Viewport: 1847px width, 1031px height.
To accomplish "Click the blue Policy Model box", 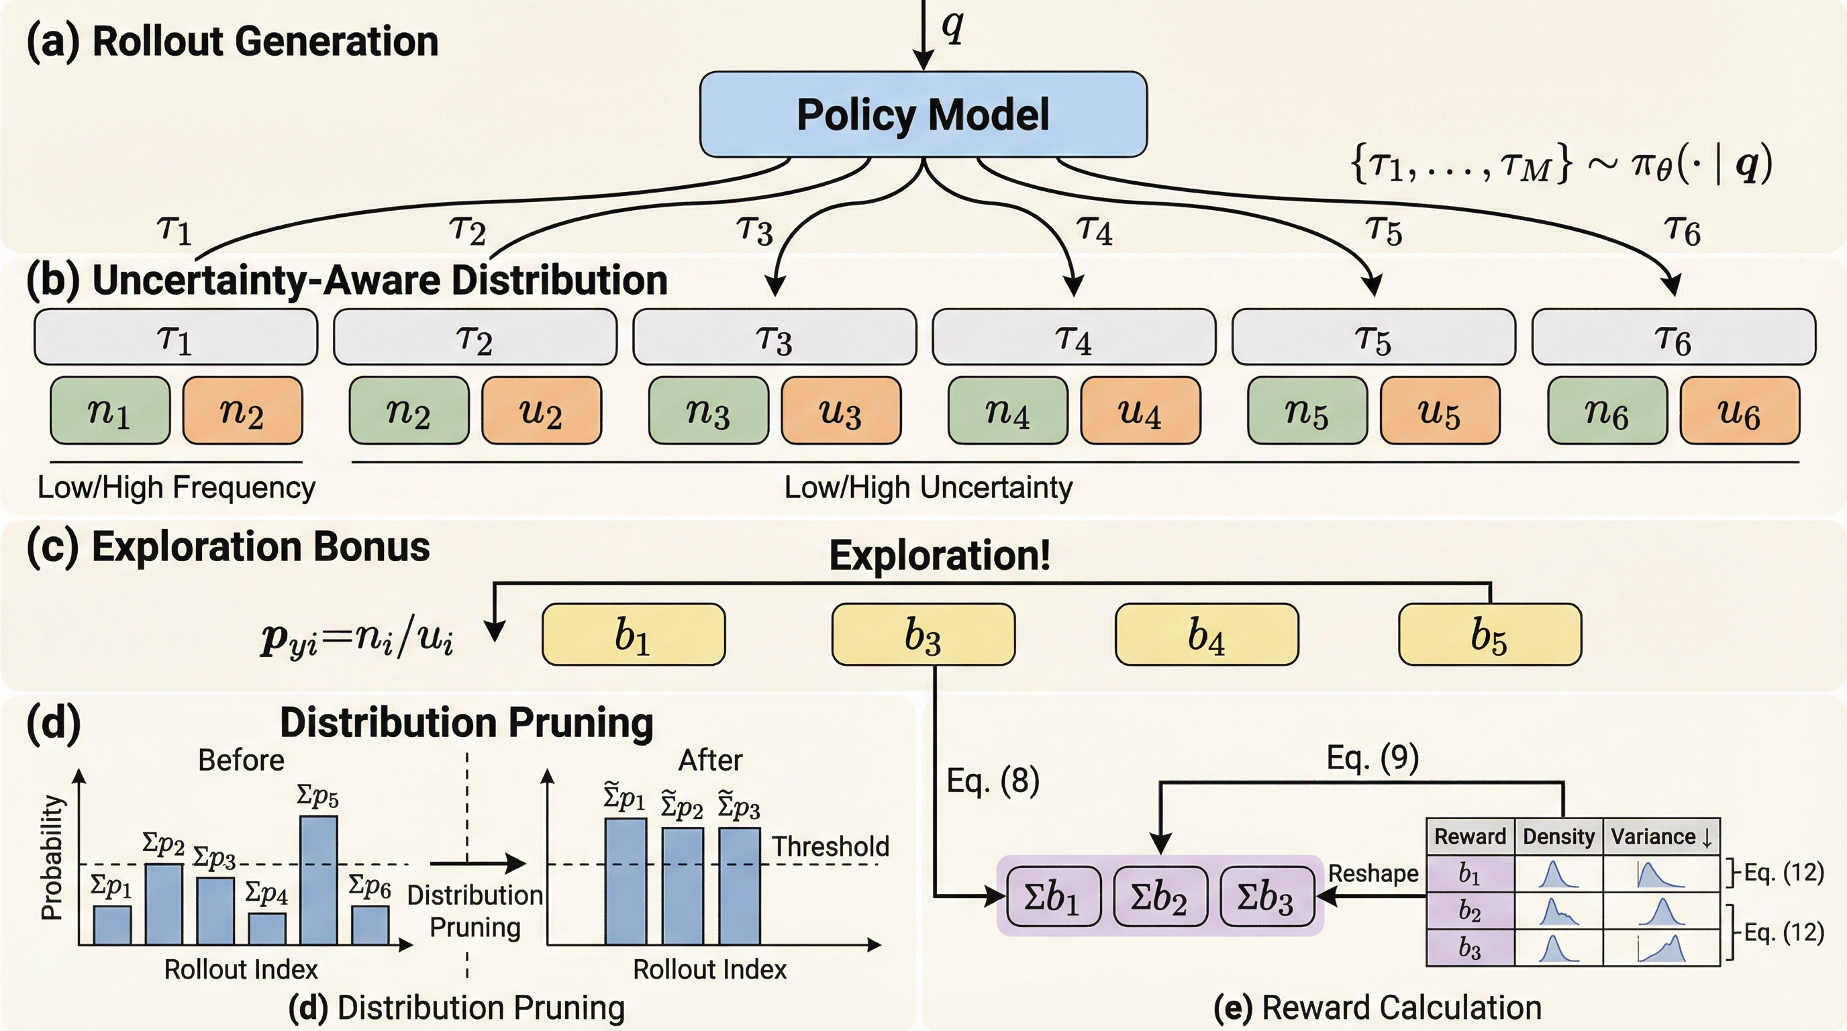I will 923,114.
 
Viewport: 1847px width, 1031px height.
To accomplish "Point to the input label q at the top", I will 952,28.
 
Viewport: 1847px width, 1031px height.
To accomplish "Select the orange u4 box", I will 1140,411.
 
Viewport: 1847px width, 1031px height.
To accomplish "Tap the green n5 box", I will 1306,411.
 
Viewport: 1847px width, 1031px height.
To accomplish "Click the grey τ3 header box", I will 775,337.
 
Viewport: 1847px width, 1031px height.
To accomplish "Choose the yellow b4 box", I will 1207,634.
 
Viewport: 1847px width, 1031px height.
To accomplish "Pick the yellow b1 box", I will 633,634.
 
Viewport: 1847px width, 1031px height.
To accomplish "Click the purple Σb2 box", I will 1159,896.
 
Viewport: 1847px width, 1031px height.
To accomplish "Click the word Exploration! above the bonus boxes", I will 940,555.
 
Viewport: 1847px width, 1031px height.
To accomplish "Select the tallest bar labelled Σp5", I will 318,880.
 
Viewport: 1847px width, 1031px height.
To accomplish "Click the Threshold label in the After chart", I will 830,846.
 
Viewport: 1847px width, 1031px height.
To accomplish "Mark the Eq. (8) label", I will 993,780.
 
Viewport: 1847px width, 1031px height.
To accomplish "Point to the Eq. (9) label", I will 1372,757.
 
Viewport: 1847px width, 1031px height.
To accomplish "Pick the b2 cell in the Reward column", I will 1470,911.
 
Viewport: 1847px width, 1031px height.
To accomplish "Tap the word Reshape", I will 1373,873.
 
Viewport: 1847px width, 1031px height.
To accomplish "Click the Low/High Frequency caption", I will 177,487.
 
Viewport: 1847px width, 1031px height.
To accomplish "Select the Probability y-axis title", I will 52,858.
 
